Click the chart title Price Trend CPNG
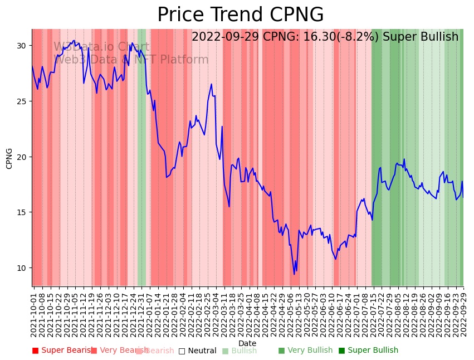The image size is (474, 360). click(x=240, y=15)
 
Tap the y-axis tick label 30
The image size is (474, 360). click(x=22, y=46)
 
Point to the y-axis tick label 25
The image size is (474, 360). click(x=22, y=101)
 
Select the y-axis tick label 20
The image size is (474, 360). click(x=22, y=157)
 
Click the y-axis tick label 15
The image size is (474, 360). click(x=22, y=212)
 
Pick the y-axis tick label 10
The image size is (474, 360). click(x=22, y=268)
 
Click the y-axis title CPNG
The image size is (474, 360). click(x=9, y=158)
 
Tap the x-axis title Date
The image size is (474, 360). click(x=247, y=344)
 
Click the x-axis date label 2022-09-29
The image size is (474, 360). click(x=463, y=315)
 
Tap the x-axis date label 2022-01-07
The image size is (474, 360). click(x=149, y=315)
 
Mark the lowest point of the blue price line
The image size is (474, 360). click(x=295, y=274)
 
